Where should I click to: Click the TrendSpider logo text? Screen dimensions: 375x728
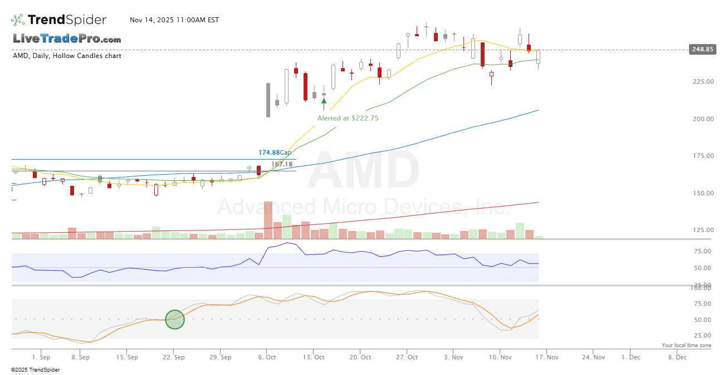click(67, 20)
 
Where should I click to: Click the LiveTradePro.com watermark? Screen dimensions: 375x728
click(67, 39)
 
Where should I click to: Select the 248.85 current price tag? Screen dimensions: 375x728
click(702, 49)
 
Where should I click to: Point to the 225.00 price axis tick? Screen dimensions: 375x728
click(702, 81)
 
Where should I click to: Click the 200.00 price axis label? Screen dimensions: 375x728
click(702, 119)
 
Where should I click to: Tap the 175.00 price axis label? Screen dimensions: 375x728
click(702, 156)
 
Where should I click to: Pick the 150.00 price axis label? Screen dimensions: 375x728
click(702, 193)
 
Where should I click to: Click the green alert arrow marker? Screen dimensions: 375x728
click(324, 101)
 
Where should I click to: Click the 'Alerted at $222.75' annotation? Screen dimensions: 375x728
click(348, 118)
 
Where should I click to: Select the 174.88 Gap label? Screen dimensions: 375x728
click(275, 152)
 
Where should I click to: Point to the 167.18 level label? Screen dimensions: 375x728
click(282, 164)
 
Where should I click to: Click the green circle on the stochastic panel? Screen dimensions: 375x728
click(175, 319)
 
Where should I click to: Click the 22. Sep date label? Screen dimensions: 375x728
click(174, 357)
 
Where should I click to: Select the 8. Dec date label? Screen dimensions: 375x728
click(677, 357)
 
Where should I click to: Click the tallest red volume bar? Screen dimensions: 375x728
click(268, 220)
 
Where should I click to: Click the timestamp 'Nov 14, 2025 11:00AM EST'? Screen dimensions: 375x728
click(174, 20)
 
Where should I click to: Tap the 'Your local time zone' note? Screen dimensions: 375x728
click(686, 345)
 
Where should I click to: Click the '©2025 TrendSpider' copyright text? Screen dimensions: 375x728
click(36, 369)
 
